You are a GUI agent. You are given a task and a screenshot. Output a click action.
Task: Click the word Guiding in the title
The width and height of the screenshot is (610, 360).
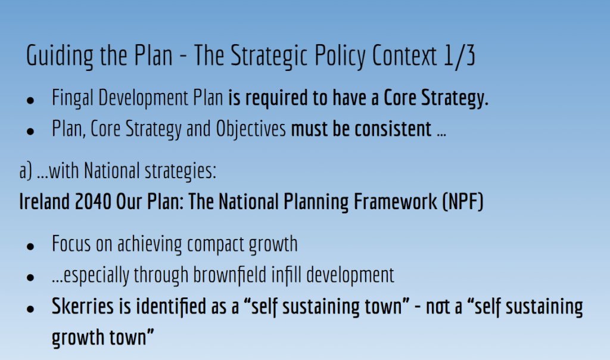point(60,56)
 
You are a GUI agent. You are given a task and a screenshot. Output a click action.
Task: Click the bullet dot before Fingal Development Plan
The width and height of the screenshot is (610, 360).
point(30,100)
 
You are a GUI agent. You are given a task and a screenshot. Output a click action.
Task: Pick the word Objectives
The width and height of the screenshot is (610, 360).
point(251,129)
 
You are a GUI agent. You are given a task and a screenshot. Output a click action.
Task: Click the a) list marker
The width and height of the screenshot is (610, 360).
point(25,171)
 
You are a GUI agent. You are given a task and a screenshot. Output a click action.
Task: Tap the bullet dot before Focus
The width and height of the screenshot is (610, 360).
point(30,247)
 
